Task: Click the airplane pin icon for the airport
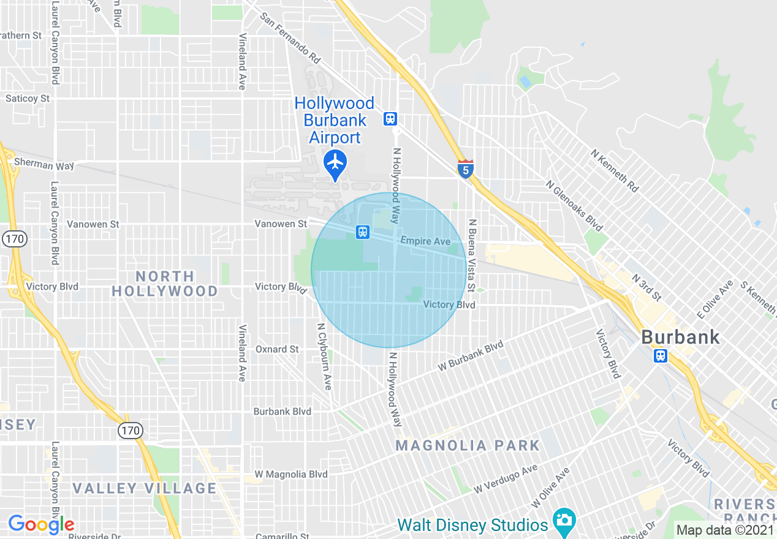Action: (335, 163)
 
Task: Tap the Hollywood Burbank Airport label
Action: (335, 120)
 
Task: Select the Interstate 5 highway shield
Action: (466, 169)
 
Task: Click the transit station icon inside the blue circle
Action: (363, 232)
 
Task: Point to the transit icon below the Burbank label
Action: (660, 356)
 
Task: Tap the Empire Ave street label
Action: (425, 241)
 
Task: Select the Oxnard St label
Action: (277, 349)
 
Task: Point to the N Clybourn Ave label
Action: (324, 356)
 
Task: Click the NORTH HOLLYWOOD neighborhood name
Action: (165, 284)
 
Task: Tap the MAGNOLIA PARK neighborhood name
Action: (468, 445)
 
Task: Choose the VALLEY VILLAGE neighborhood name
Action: (145, 488)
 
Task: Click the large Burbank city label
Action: (680, 337)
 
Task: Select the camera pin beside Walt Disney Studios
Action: (564, 520)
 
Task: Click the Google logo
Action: (41, 524)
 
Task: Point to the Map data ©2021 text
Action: (725, 530)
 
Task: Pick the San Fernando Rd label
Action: (290, 38)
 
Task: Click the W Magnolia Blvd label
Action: (291, 474)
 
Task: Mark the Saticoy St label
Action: (28, 98)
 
